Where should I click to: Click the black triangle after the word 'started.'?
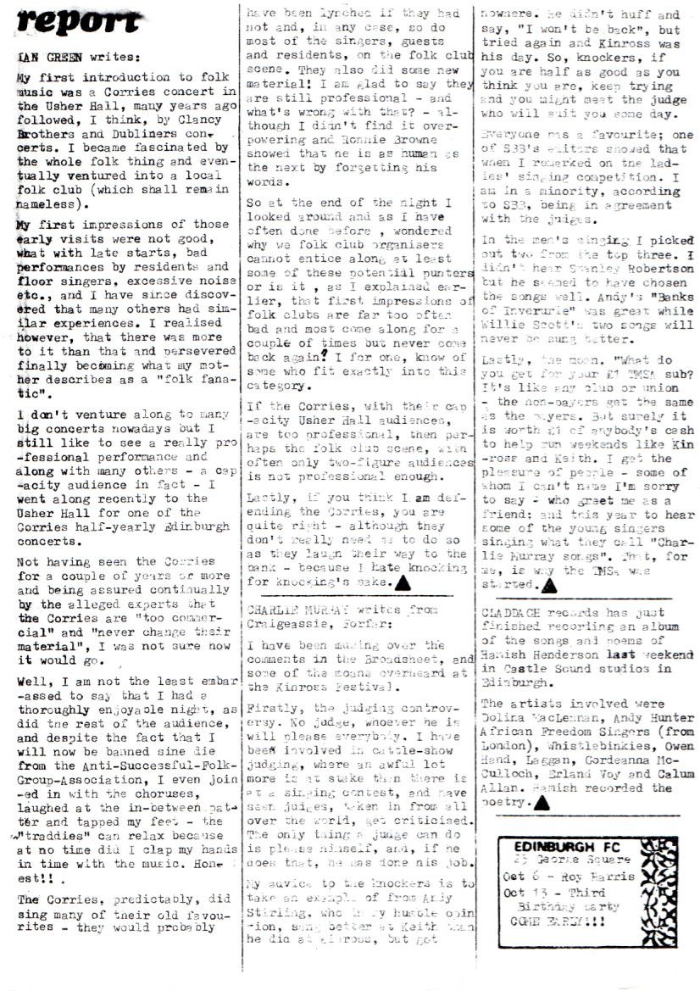(x=548, y=585)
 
